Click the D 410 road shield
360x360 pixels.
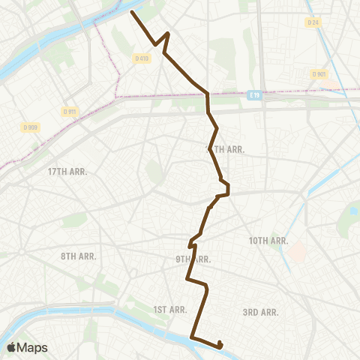click(x=141, y=58)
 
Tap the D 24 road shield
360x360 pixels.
click(x=313, y=22)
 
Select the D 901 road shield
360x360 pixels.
click(x=319, y=73)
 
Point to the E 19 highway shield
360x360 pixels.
click(x=254, y=95)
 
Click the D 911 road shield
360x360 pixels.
click(x=70, y=112)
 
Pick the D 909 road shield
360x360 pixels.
click(x=31, y=127)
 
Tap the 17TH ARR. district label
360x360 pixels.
click(x=67, y=172)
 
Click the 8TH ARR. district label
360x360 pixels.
click(x=78, y=256)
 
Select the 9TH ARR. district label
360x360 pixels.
click(x=193, y=259)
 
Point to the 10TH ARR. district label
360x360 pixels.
click(x=268, y=241)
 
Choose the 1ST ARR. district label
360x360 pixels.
click(x=169, y=309)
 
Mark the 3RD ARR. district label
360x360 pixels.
click(x=261, y=311)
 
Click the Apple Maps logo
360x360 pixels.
click(x=27, y=347)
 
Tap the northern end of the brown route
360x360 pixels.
click(x=133, y=12)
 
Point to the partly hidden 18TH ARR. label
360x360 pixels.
click(x=225, y=149)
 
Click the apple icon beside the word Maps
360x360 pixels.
click(x=11, y=347)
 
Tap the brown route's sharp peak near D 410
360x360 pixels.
click(x=167, y=34)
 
